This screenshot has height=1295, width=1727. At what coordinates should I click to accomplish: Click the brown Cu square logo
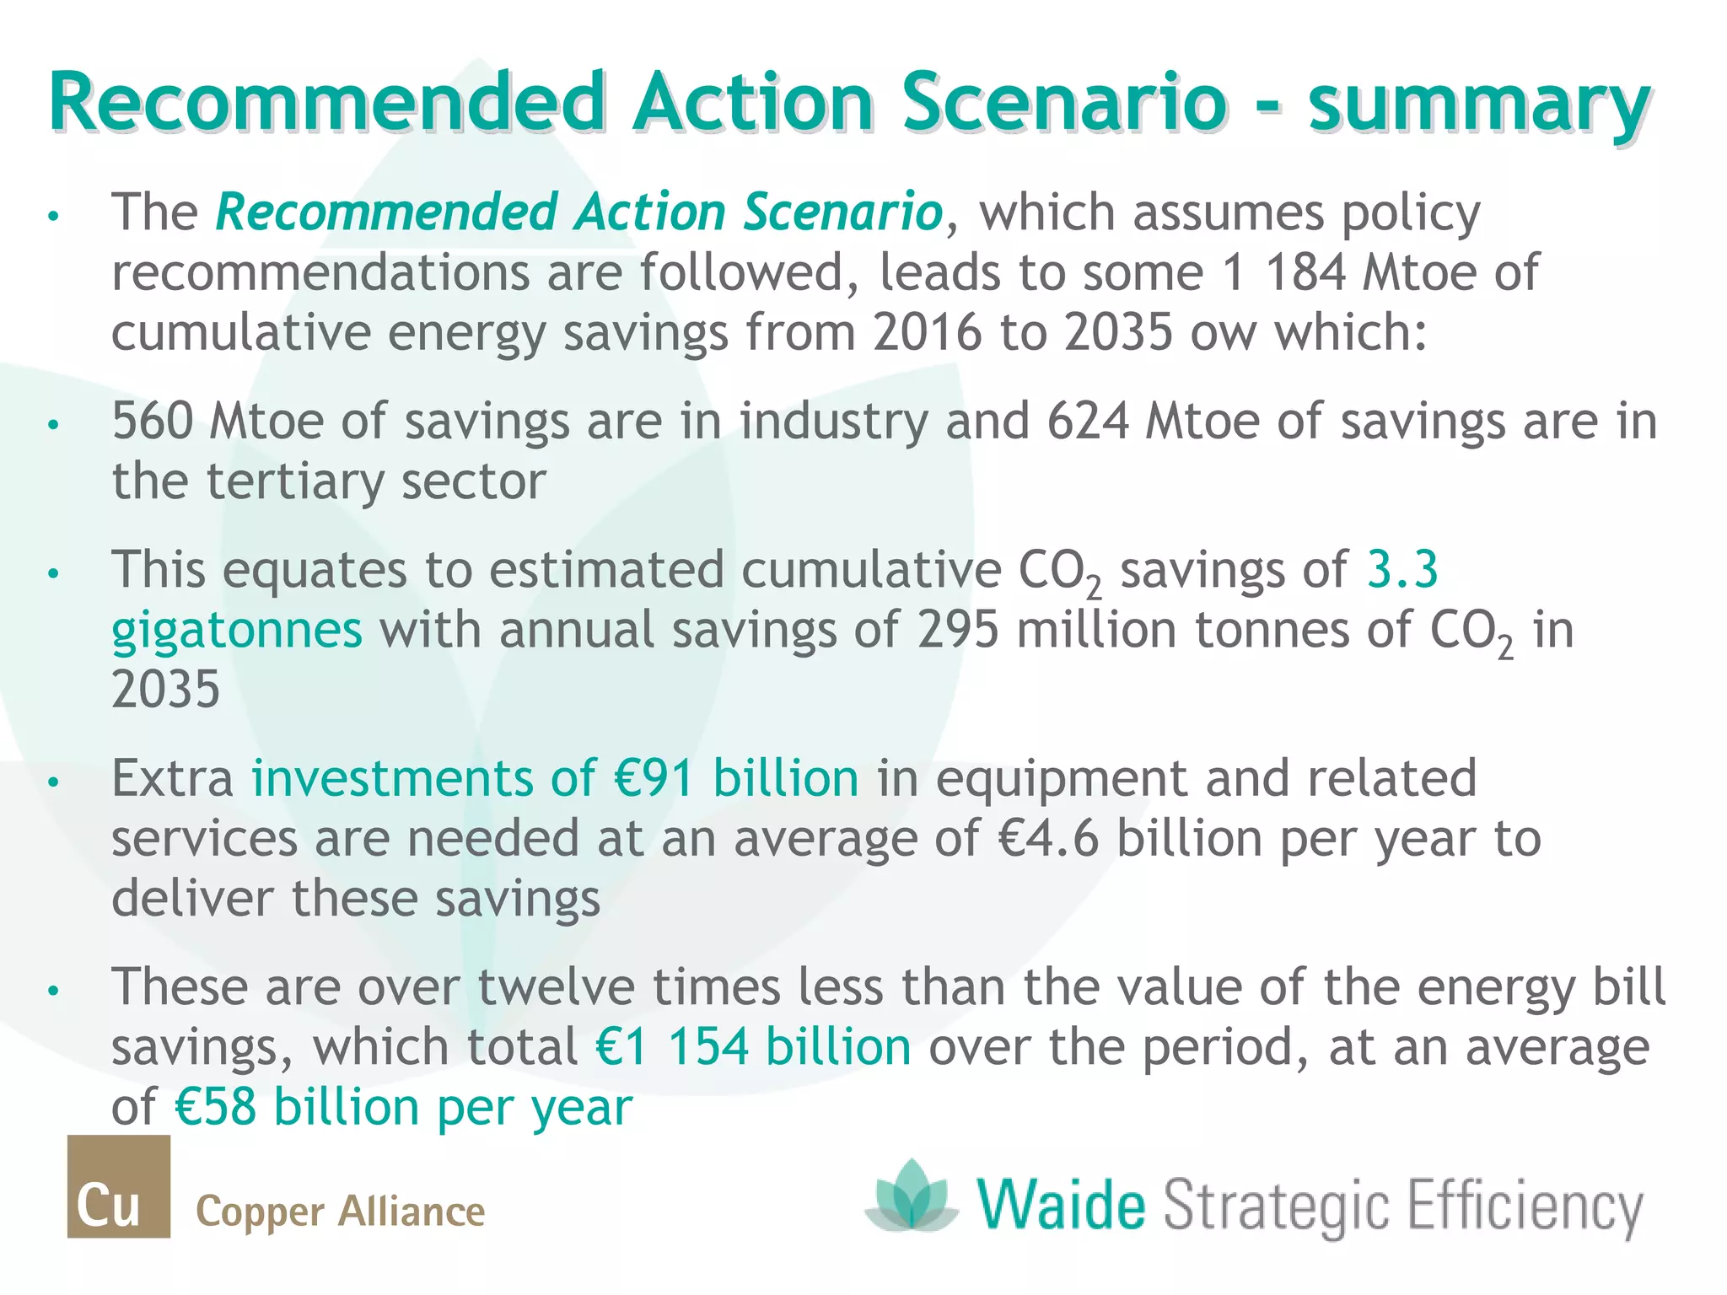(x=118, y=1186)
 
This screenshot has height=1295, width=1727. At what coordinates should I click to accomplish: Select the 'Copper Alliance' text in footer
(x=340, y=1212)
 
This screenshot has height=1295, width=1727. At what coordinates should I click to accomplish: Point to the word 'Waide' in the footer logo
(x=1062, y=1206)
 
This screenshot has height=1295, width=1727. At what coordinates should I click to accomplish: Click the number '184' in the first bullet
(x=1305, y=272)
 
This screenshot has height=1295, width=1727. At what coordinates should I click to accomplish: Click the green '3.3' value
(x=1402, y=569)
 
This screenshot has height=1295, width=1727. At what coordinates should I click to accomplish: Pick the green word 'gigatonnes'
(x=237, y=631)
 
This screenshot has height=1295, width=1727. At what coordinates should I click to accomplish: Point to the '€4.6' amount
(x=1048, y=838)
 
